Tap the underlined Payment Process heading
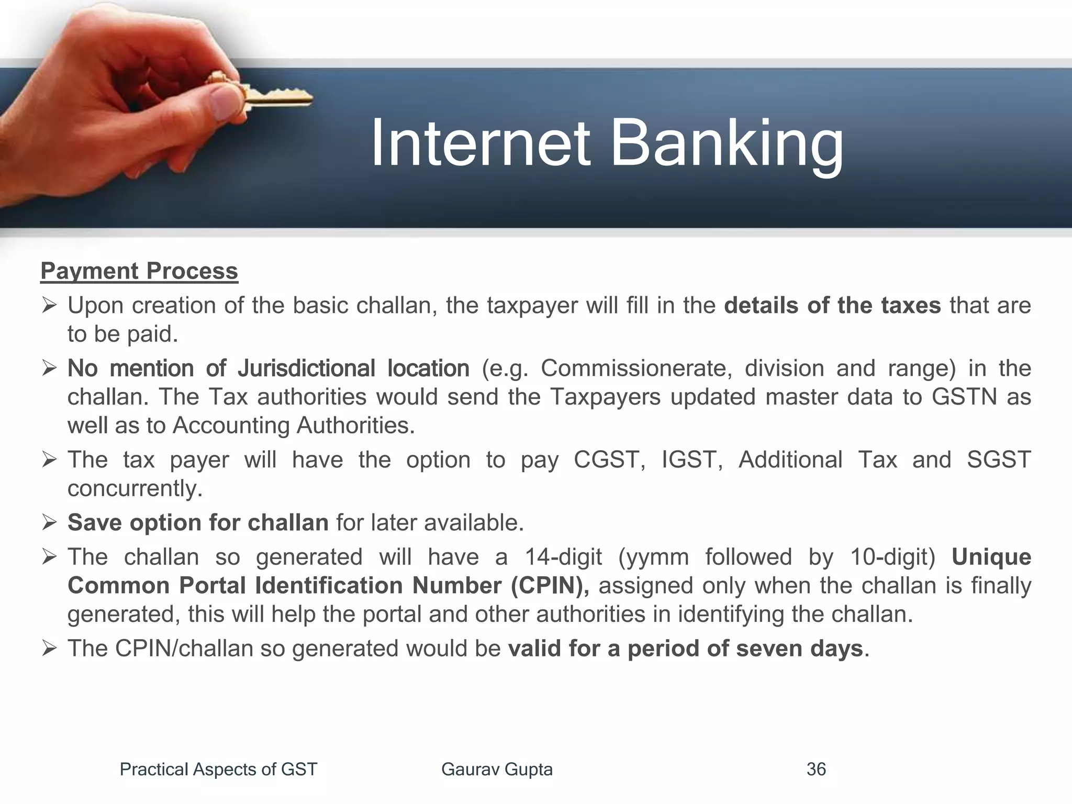(139, 271)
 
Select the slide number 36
(816, 769)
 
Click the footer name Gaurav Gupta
(497, 769)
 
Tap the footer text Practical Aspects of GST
(218, 769)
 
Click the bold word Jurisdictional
(306, 368)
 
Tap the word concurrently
(135, 489)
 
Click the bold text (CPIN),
(550, 585)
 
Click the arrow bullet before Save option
(49, 522)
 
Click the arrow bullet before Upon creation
(49, 305)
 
